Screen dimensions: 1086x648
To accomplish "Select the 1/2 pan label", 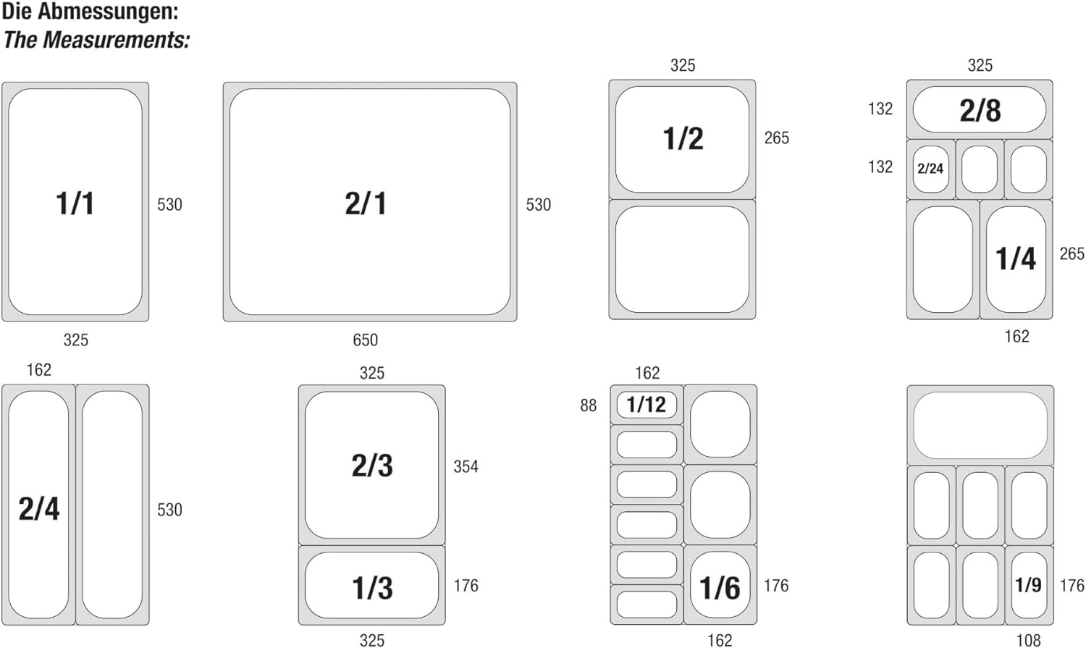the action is (683, 138).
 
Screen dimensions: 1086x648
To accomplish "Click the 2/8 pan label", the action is (980, 111).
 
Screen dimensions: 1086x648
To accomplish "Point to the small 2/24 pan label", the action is (930, 169).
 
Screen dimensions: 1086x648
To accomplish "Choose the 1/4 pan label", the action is (1016, 258).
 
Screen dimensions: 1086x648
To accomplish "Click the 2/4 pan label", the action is (39, 509).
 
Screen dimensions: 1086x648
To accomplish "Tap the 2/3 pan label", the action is (372, 466).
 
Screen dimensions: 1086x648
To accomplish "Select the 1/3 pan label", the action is (372, 588).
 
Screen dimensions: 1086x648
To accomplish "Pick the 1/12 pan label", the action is (647, 404).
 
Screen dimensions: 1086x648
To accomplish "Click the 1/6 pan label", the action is (720, 588).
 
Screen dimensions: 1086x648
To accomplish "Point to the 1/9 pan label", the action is (1028, 585).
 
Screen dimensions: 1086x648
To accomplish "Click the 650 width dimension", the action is (365, 340).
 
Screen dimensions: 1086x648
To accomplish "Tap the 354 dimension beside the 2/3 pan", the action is (466, 467).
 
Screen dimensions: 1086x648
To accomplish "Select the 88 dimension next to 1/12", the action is (588, 405).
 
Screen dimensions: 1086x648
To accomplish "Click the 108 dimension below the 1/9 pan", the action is (1028, 641).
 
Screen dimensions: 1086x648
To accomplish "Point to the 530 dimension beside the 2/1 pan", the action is (539, 204).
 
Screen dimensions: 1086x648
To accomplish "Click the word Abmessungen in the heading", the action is (108, 12).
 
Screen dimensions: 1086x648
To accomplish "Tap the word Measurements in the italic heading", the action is (116, 41).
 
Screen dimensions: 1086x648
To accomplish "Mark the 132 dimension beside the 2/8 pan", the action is (880, 109).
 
